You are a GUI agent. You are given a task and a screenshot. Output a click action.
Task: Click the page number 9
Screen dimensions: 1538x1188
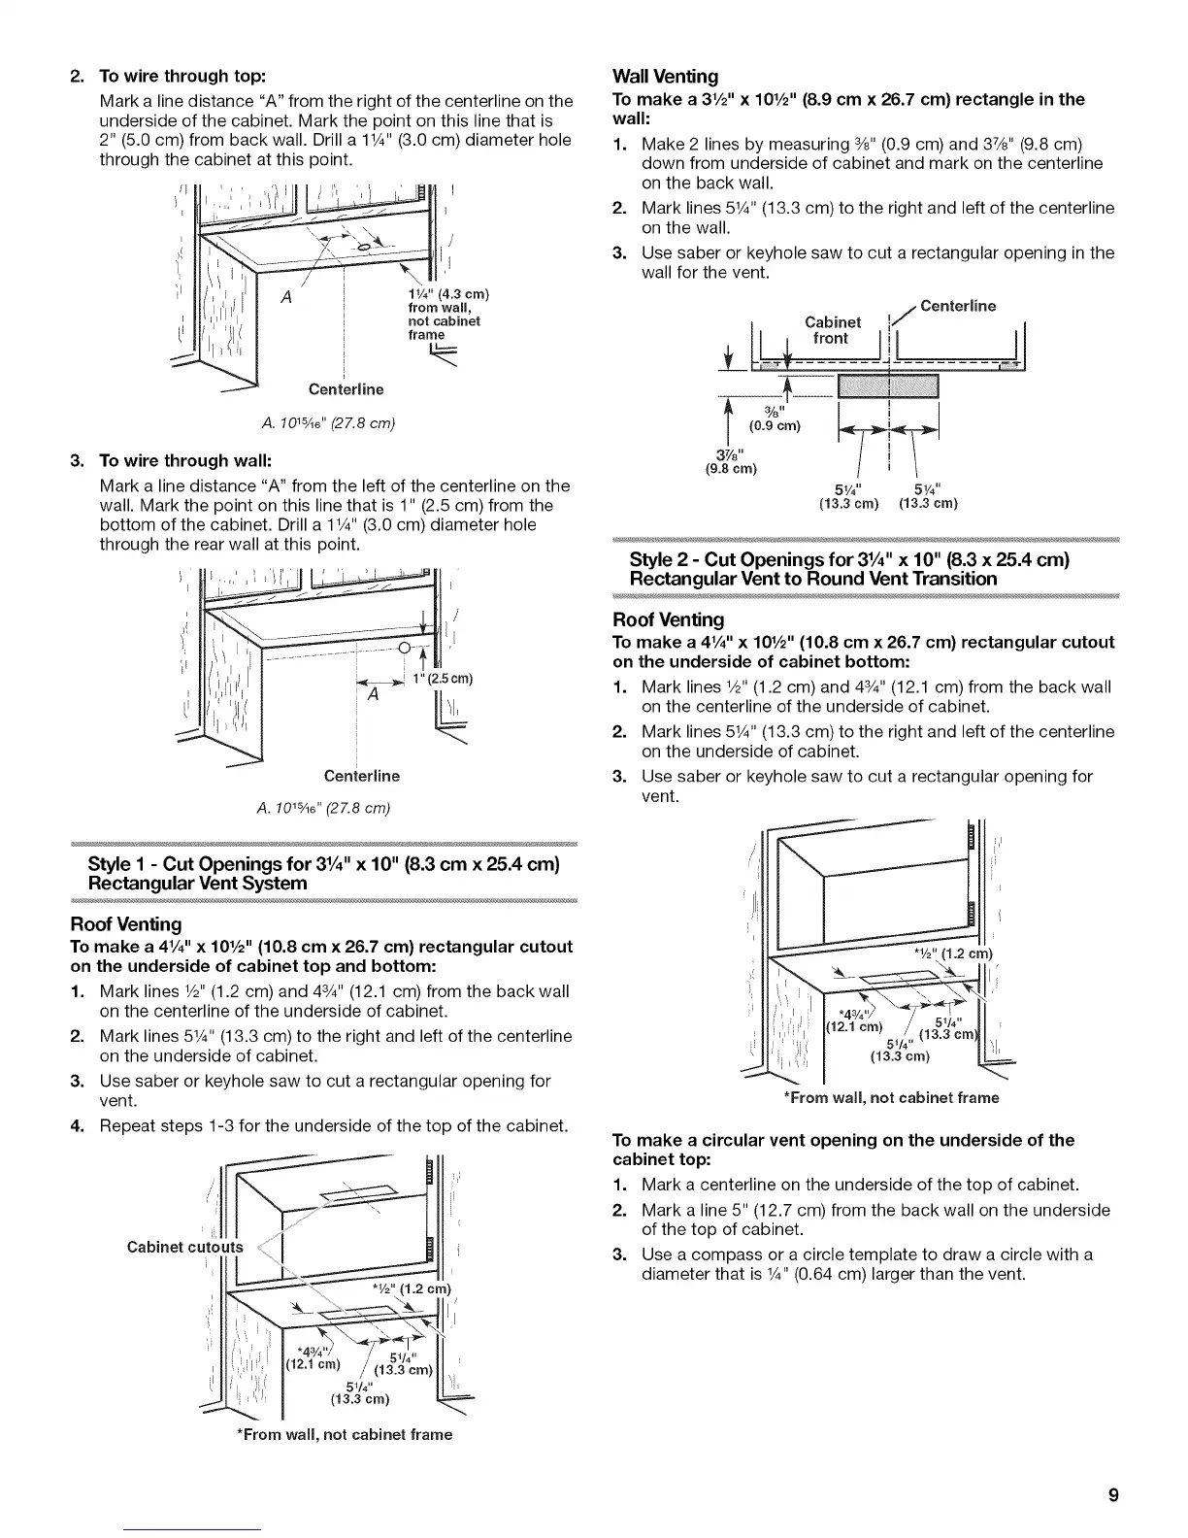point(1113,1495)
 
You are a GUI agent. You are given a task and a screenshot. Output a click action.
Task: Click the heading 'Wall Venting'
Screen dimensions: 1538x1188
point(665,76)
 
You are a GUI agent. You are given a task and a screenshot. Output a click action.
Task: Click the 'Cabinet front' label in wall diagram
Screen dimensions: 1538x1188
point(833,330)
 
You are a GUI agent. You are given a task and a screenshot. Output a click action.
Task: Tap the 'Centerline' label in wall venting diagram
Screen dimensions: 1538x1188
point(957,307)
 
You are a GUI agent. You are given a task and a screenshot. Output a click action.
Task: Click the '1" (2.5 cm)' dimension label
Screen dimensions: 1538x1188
point(443,678)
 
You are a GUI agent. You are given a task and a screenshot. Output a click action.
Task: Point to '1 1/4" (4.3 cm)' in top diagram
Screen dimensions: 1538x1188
point(447,294)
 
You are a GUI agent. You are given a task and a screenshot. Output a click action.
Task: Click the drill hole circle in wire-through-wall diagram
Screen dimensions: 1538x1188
point(407,650)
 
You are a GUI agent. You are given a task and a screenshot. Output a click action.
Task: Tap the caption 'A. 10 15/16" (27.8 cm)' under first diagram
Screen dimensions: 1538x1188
point(323,422)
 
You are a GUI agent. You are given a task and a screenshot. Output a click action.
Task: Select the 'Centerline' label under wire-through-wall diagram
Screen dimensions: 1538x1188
point(362,776)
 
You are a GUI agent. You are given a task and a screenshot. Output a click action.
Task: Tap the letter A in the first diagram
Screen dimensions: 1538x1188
point(286,297)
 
